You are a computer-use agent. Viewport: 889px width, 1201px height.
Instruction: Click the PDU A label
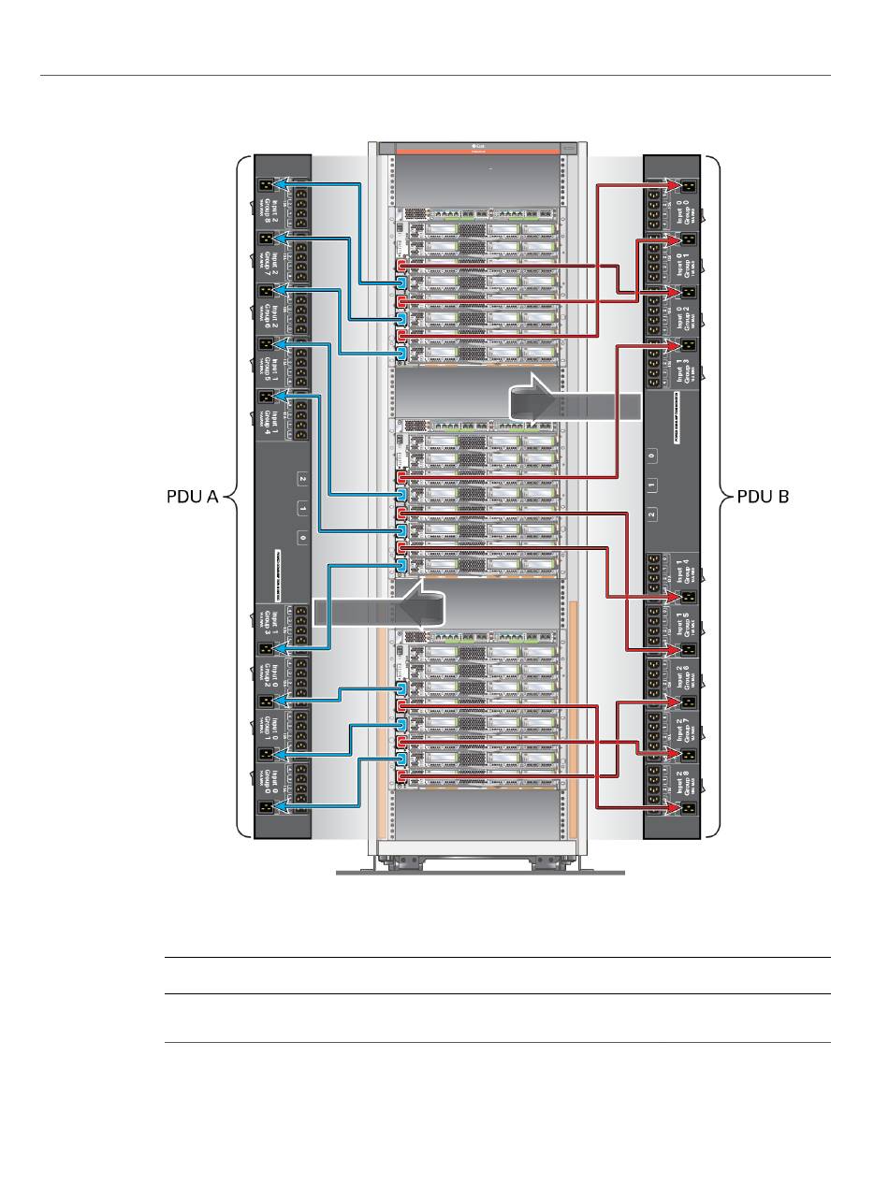pos(186,498)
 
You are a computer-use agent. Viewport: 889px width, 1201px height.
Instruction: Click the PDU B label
pos(764,498)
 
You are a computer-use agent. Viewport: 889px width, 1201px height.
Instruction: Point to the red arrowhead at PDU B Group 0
pos(673,186)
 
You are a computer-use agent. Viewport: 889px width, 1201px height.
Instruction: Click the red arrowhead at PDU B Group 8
pos(673,806)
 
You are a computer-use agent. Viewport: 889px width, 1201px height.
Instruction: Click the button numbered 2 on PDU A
pos(302,479)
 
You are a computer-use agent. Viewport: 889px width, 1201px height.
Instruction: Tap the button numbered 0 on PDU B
pos(652,455)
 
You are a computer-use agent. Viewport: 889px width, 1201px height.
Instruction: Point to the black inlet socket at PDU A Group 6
pos(264,290)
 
